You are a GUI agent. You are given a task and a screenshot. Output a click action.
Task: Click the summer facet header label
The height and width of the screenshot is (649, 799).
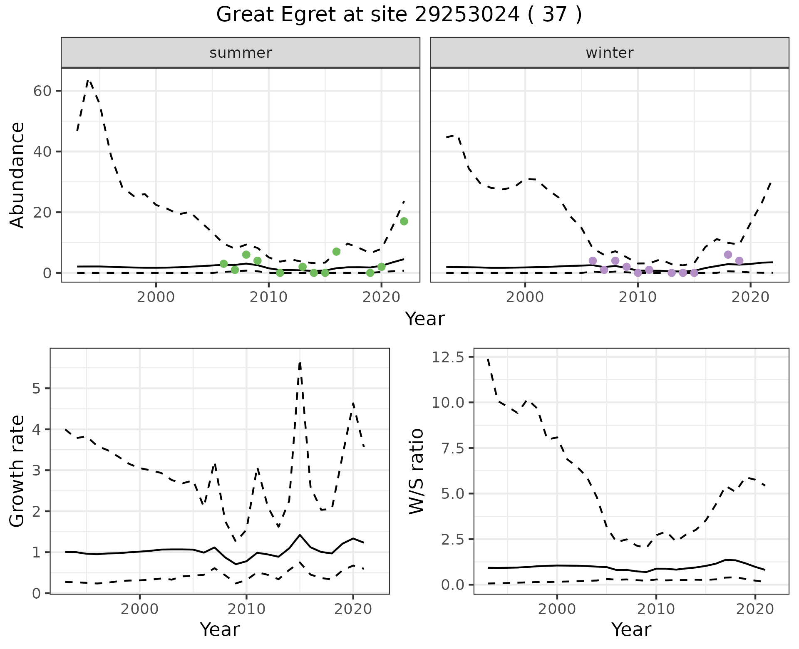click(x=241, y=53)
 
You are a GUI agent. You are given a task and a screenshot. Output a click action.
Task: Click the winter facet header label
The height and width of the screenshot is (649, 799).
click(x=609, y=53)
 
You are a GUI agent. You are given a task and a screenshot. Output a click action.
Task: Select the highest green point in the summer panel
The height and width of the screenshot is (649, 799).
click(x=404, y=221)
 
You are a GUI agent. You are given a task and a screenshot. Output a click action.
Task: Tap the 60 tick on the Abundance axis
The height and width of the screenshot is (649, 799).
click(x=42, y=91)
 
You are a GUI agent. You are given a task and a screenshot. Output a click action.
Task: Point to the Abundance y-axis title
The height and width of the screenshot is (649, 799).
click(x=17, y=175)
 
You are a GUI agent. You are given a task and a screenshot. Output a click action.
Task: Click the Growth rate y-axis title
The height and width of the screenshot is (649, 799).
click(x=17, y=471)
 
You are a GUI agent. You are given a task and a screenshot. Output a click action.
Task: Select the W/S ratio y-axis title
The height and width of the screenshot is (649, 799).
click(x=416, y=471)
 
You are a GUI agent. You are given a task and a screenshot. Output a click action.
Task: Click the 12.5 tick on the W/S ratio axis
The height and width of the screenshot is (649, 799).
click(x=449, y=357)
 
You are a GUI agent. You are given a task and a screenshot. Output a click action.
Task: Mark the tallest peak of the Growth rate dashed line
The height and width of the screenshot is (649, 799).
click(x=300, y=363)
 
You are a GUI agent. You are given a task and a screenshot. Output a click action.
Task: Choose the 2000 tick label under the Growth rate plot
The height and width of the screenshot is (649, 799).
click(x=139, y=609)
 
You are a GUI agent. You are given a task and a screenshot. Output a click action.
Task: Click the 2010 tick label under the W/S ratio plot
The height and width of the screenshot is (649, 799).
click(x=656, y=609)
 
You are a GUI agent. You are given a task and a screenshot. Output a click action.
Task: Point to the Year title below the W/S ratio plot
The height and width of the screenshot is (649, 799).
click(x=631, y=630)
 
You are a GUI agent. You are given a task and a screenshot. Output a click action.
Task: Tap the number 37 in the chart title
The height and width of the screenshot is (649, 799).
click(x=555, y=15)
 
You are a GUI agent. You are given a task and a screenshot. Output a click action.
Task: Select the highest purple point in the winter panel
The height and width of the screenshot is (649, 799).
click(x=728, y=255)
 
